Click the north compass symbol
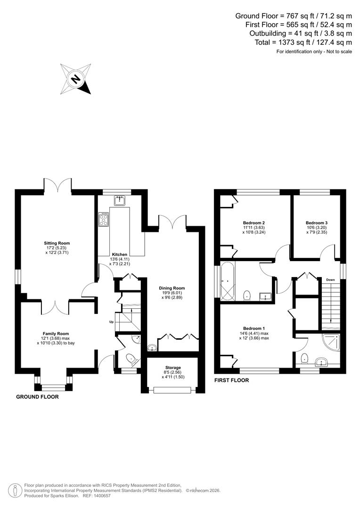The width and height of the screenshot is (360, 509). click(75, 79)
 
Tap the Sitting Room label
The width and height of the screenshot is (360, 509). click(57, 243)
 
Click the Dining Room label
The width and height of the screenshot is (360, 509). click(172, 288)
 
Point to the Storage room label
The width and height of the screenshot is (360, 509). click(172, 368)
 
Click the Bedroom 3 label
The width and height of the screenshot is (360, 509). click(316, 223)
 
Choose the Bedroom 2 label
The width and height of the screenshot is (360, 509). click(254, 223)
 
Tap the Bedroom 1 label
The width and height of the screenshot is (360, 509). click(254, 328)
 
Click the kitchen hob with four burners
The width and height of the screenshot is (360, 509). click(103, 219)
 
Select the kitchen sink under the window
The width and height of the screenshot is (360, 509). click(120, 201)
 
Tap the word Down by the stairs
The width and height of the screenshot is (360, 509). click(330, 280)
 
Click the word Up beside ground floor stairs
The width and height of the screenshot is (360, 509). click(111, 322)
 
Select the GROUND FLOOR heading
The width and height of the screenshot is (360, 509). click(37, 397)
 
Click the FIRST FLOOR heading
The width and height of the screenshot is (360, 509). click(231, 380)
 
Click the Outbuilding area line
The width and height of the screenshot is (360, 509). click(301, 33)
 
